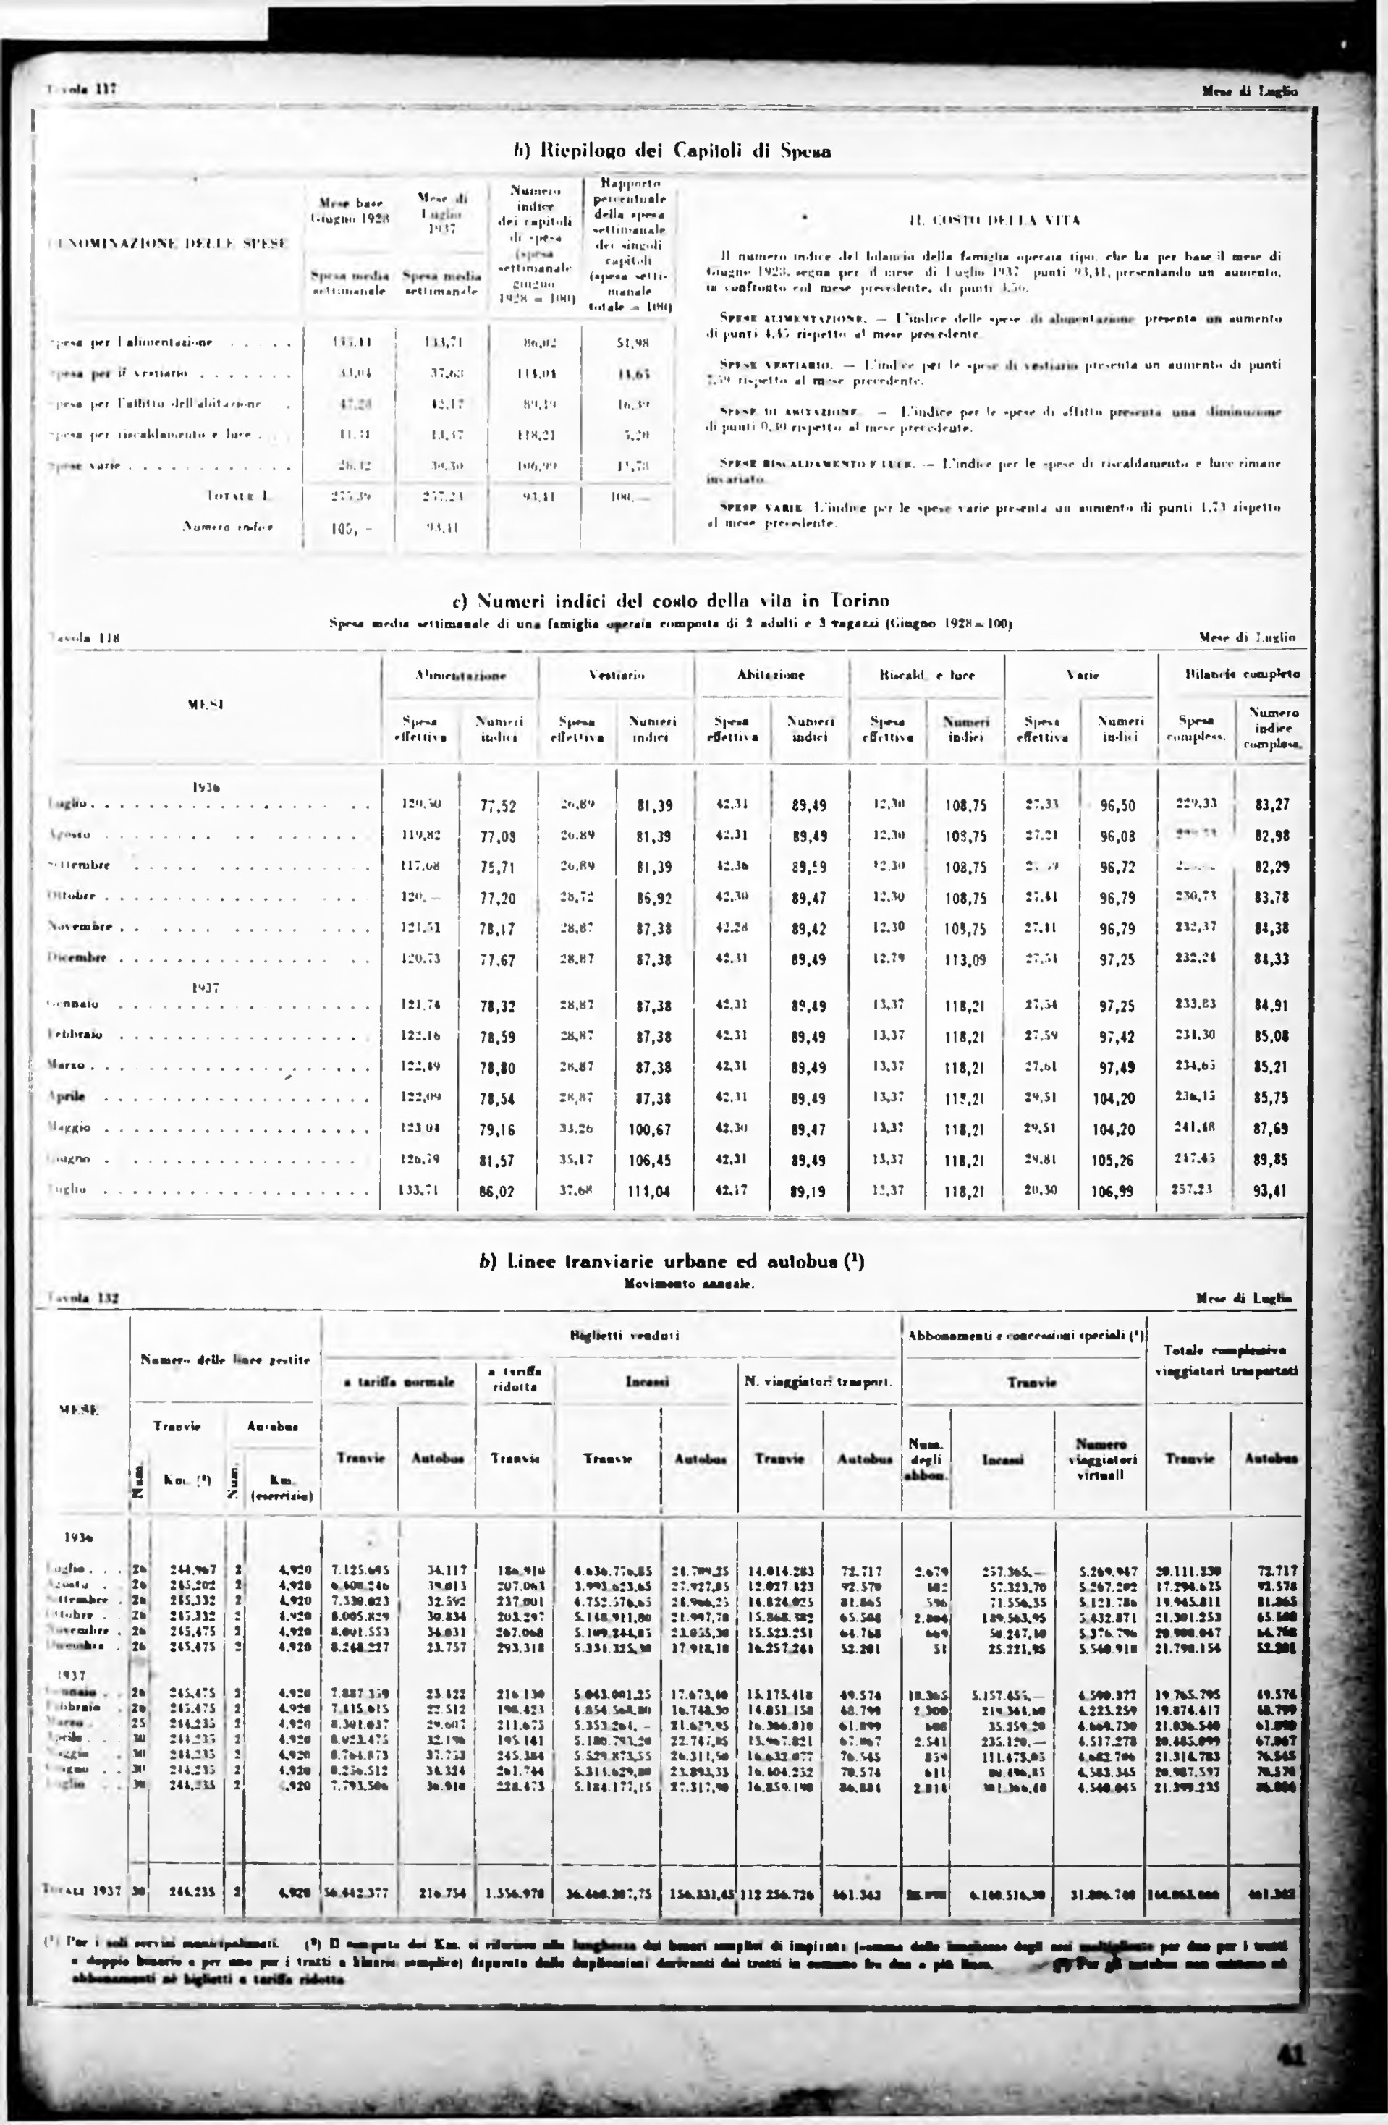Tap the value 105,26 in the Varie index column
point(1117,1161)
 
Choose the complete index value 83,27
point(1270,805)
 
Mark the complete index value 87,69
point(1270,1129)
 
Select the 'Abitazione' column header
point(771,675)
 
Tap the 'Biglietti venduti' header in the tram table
point(625,1336)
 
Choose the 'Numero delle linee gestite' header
point(225,1360)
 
